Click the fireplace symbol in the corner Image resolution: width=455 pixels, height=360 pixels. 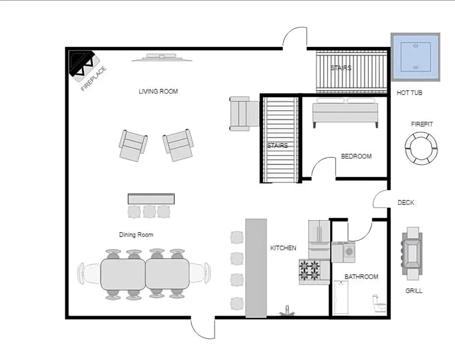click(x=84, y=66)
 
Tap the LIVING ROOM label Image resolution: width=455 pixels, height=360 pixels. click(x=158, y=91)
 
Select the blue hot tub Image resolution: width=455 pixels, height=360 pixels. click(x=415, y=57)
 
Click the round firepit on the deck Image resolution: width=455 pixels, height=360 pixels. click(x=421, y=148)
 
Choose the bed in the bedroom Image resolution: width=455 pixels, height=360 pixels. click(x=345, y=113)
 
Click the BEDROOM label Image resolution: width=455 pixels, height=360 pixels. click(x=356, y=156)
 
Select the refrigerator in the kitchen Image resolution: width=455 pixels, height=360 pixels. click(x=319, y=239)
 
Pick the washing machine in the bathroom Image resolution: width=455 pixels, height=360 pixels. click(x=349, y=252)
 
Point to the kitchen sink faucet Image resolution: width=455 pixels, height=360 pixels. click(x=287, y=310)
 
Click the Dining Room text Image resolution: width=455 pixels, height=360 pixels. click(x=136, y=235)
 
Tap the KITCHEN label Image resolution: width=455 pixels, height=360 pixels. click(x=283, y=248)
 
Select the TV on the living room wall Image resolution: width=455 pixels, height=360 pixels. click(x=162, y=58)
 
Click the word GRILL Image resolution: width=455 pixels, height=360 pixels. click(x=414, y=290)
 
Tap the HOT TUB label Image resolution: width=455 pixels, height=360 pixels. click(x=409, y=93)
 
